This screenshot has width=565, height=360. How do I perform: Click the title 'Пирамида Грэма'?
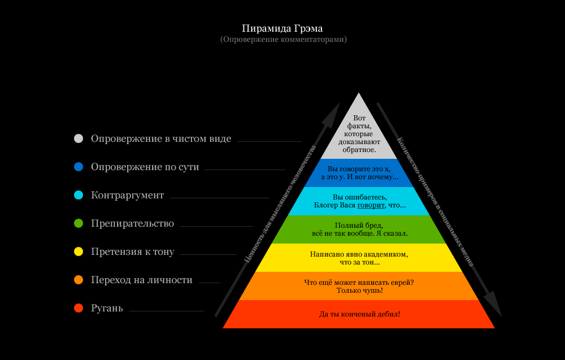[x=282, y=28]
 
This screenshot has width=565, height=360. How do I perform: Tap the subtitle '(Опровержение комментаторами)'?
[x=283, y=40]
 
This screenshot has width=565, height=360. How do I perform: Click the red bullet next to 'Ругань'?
[x=79, y=308]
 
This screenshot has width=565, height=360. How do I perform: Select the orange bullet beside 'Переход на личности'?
[x=79, y=280]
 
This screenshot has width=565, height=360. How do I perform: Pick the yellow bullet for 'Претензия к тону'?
[x=79, y=251]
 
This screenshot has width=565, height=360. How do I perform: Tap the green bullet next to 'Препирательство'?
[x=79, y=223]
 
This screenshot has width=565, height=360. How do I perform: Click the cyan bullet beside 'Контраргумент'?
[x=79, y=195]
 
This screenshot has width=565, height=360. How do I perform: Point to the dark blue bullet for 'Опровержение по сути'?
[x=79, y=167]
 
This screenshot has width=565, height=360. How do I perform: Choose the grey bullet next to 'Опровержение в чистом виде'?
[x=79, y=138]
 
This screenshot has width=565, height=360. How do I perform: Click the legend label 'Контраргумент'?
[x=127, y=195]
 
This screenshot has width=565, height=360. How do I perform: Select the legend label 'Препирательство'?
[x=132, y=223]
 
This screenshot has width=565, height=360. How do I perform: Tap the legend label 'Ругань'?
[x=107, y=308]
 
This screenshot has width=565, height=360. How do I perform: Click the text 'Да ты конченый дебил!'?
[x=359, y=314]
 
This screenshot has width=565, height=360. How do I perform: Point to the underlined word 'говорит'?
[x=371, y=205]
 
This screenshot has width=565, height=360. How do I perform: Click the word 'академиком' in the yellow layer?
[x=384, y=254]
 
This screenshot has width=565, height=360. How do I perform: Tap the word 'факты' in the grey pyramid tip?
[x=359, y=125]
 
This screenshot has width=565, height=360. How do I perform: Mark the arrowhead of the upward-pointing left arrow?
[x=334, y=112]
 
